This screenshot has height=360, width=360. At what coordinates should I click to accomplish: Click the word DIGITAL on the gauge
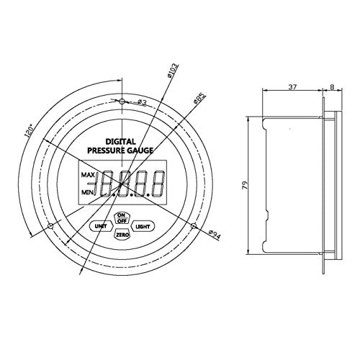tap(121, 142)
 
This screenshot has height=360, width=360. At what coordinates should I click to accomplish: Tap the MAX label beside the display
tap(88, 175)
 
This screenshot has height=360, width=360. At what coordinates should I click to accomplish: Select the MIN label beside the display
tap(88, 193)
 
